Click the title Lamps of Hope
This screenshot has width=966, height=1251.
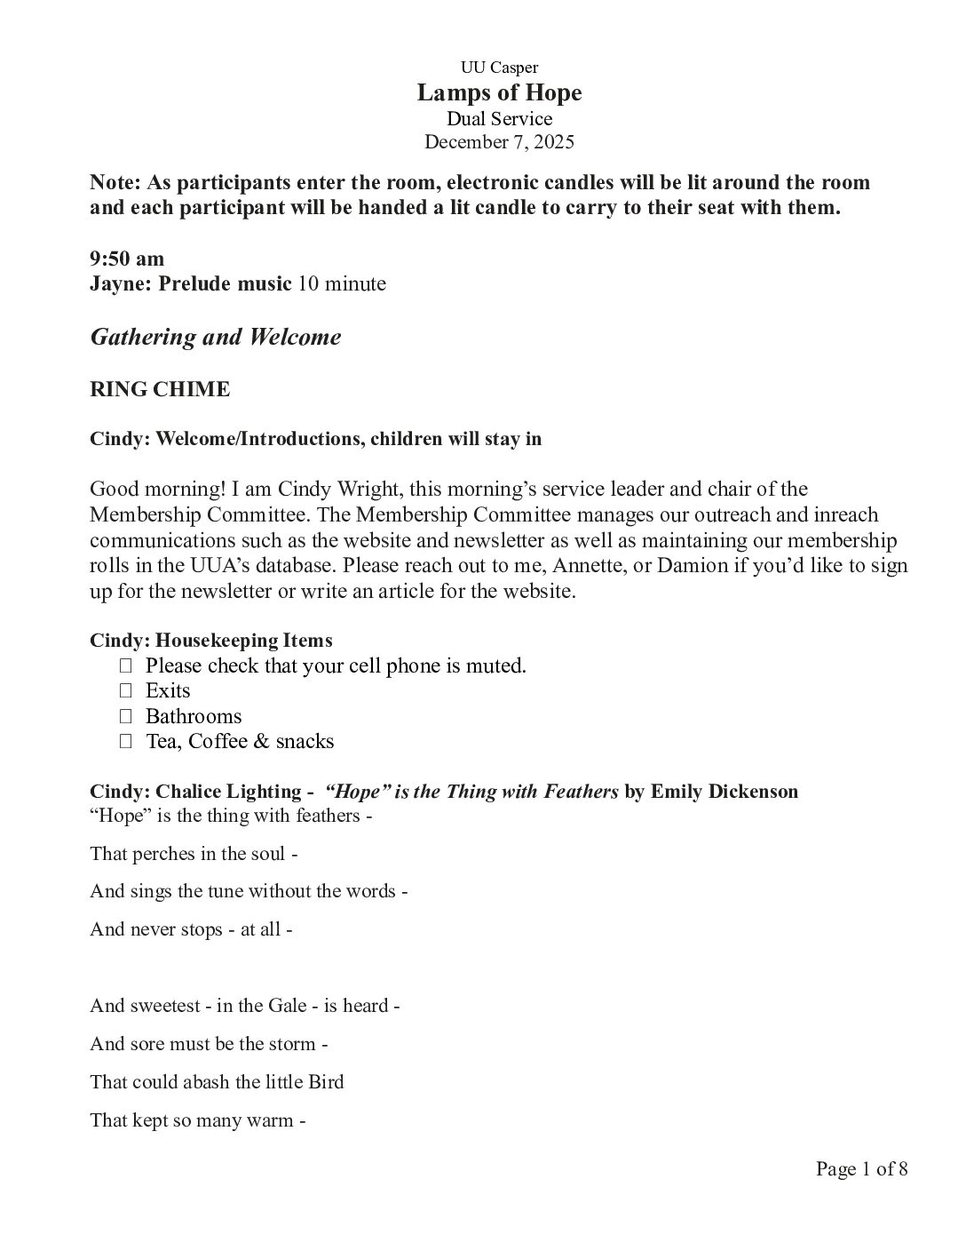coord(499,92)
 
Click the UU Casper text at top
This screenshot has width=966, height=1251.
coord(499,68)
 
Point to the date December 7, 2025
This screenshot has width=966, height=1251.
coord(499,142)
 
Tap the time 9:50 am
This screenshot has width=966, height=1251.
coord(127,259)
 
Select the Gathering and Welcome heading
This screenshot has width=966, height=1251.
coord(216,337)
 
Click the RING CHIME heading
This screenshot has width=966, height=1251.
coord(160,389)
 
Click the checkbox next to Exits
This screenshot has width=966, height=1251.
coord(125,690)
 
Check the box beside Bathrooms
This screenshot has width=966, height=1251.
coord(125,716)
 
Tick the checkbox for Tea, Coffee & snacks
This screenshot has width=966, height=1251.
coord(125,741)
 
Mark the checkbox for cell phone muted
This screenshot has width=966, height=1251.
coord(125,665)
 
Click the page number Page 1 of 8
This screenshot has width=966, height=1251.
coord(861,1168)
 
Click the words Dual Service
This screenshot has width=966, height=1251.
coord(499,118)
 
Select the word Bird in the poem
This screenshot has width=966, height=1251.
coord(326,1082)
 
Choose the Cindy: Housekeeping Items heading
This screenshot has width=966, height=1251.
coord(211,640)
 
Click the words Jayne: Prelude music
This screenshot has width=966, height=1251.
coord(191,284)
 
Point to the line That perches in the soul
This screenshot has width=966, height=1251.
coord(193,854)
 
